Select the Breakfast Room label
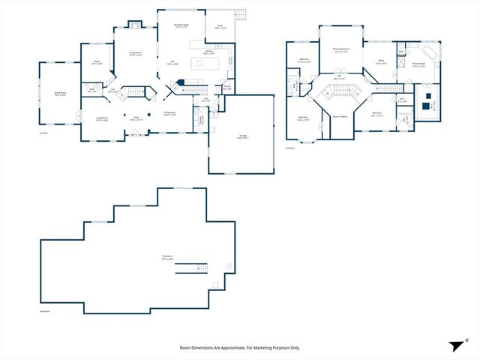[x=181, y=25]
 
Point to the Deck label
[x=220, y=26]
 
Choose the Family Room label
[x=136, y=53]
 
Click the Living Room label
[x=103, y=118]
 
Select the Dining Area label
[x=170, y=113]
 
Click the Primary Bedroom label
[x=341, y=49]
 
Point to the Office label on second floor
[x=381, y=62]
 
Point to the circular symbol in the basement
[x=229, y=265]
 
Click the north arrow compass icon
[x=454, y=346]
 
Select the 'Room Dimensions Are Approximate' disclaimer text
[x=239, y=348]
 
